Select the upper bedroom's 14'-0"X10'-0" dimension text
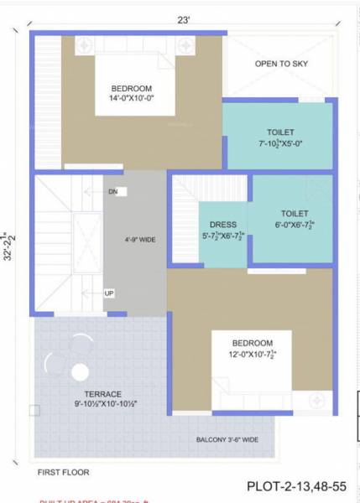coord(132,101)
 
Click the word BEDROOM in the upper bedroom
coord(132,89)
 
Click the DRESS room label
coord(223,225)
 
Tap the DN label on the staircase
coord(112,192)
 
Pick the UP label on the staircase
coord(109,293)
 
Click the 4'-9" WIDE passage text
coord(139,240)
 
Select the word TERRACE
coord(102,394)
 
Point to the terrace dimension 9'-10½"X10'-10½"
coord(102,405)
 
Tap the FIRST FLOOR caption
coord(63,472)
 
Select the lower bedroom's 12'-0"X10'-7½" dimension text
coord(253,355)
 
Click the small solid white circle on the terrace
coord(81,371)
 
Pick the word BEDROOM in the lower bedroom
coord(253,343)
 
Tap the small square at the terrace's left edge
coord(34,411)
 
